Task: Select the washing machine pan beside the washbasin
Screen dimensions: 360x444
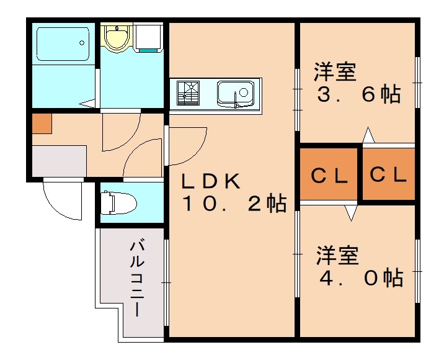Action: tap(149, 37)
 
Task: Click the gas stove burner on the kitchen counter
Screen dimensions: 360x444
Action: tap(189, 94)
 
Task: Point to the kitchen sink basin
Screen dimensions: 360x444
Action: tap(235, 94)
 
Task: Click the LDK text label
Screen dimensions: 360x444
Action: tap(210, 181)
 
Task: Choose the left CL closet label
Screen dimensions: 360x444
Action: tap(329, 176)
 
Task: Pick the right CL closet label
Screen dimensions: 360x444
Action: tap(388, 175)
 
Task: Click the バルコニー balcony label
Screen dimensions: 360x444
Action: tap(137, 279)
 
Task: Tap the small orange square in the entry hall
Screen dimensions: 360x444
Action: tap(42, 124)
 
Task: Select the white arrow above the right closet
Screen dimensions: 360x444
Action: tap(369, 135)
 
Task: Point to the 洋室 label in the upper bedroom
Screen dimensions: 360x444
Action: tap(334, 72)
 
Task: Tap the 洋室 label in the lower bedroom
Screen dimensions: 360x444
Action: tap(338, 255)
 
